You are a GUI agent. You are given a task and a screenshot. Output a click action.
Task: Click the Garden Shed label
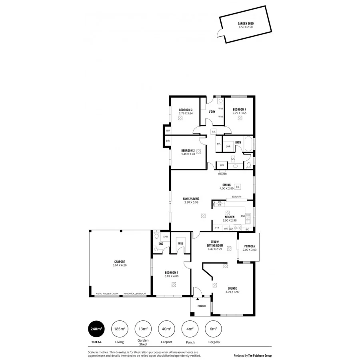(246, 24)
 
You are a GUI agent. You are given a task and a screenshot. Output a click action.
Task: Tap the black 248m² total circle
(96, 329)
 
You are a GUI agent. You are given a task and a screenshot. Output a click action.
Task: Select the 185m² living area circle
(119, 329)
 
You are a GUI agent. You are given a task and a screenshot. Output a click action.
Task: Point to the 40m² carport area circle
(166, 329)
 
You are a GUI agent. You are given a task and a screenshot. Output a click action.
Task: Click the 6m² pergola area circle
(213, 329)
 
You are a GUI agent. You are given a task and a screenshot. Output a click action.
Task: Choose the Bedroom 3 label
(186, 110)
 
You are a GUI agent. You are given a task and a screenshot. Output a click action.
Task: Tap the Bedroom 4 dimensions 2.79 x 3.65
(240, 114)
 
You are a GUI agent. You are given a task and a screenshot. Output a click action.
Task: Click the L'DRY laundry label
(212, 112)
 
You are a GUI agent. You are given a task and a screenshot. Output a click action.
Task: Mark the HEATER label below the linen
(222, 174)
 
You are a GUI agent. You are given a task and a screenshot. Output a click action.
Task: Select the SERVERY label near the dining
(237, 197)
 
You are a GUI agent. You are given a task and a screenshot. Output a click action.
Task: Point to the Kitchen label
(230, 217)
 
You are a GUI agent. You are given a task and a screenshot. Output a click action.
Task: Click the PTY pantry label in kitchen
(217, 228)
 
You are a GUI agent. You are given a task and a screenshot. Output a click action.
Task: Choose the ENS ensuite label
(161, 244)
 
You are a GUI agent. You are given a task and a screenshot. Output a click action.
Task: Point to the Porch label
(202, 306)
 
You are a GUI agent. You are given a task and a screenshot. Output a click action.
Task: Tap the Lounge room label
(232, 288)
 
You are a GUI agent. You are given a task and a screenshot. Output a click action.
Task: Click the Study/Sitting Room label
(215, 244)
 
